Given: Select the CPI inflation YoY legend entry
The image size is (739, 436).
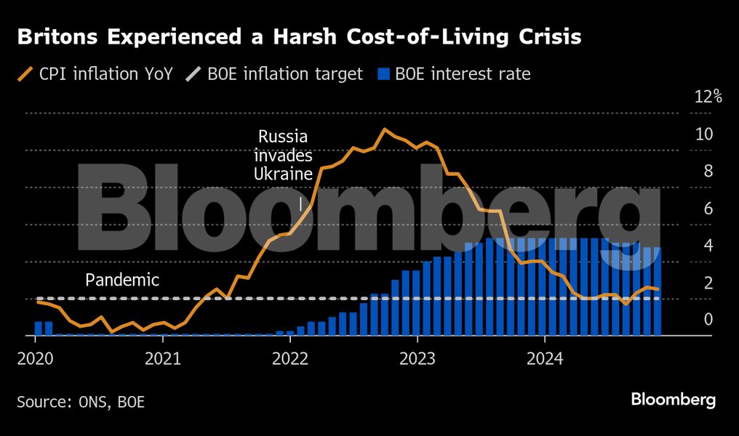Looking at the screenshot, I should (x=95, y=74).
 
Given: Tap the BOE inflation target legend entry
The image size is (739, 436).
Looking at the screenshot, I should (x=276, y=74).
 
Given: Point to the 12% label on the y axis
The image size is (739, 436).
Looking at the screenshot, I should (x=707, y=97).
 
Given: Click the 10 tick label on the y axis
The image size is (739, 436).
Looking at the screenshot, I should (x=703, y=134).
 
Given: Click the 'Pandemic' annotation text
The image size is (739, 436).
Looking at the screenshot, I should (x=122, y=280).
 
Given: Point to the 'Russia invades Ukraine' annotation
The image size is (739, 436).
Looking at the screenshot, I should (x=283, y=155).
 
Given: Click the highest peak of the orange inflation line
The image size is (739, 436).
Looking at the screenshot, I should (x=385, y=129).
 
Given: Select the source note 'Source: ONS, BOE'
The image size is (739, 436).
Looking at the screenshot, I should (x=81, y=400).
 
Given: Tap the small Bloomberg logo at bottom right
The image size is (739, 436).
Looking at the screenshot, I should (x=673, y=399).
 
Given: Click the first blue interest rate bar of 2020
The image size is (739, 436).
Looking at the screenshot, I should (x=38, y=328).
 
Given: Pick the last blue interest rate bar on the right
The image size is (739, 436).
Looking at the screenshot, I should (x=657, y=291).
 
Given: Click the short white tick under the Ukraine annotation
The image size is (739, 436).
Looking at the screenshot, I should (x=300, y=203).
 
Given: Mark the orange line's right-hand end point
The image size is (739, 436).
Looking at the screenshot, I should (x=658, y=289).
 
